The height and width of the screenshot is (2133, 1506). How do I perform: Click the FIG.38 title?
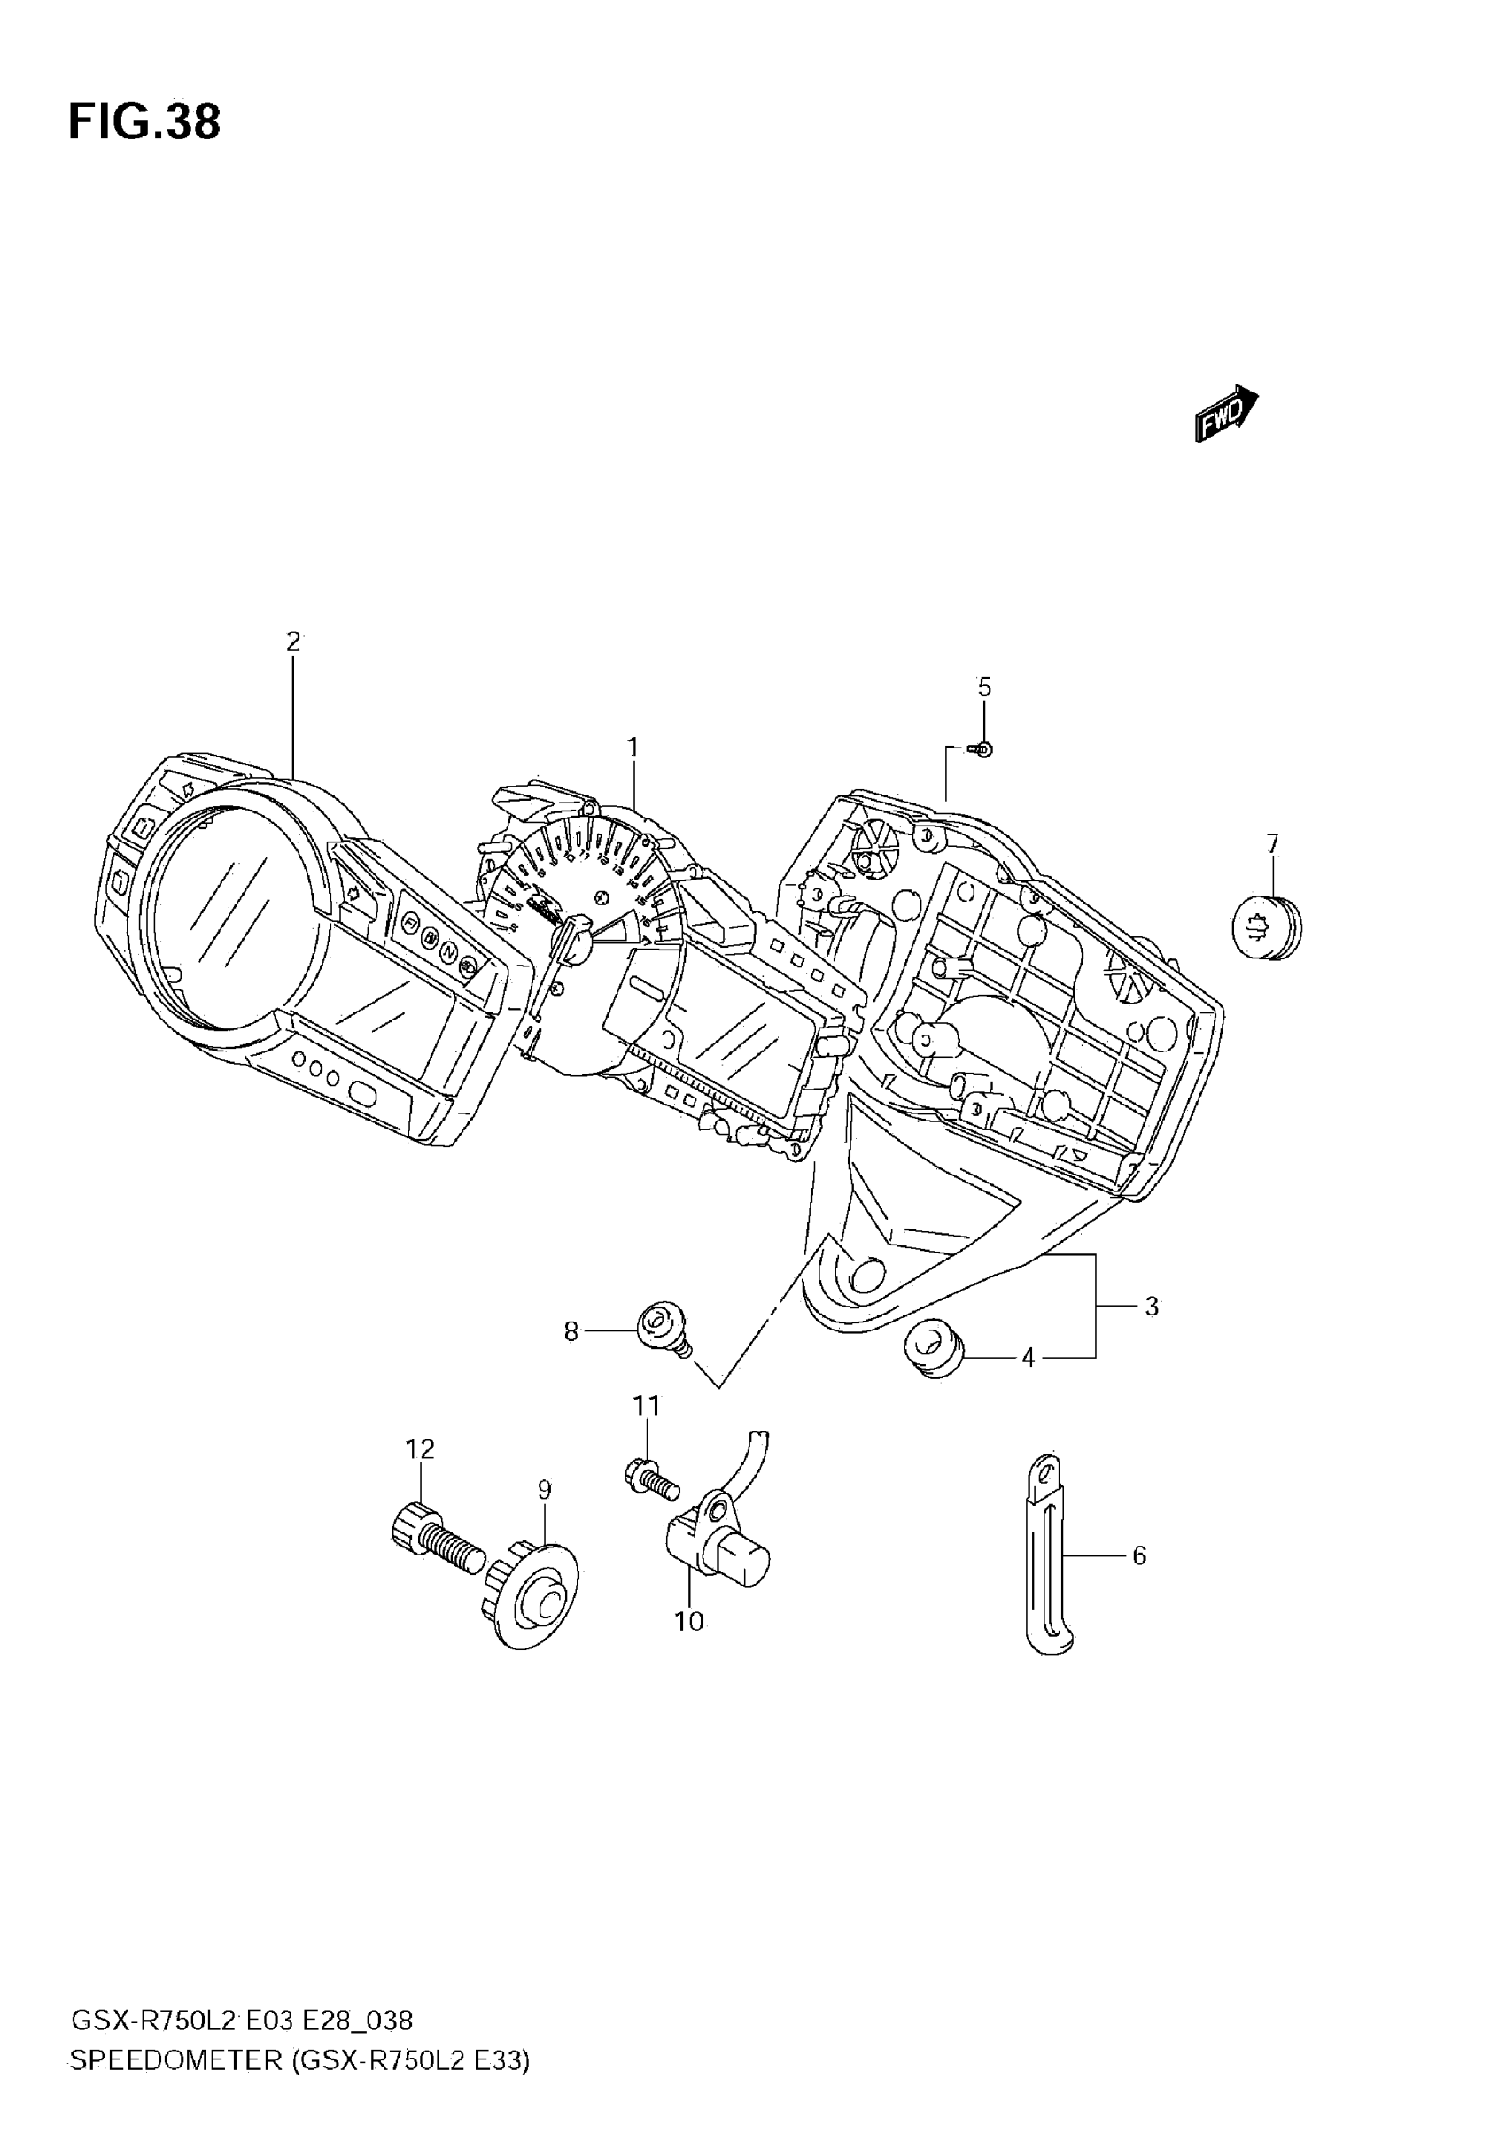tap(144, 121)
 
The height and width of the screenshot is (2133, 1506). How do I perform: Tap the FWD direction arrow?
tap(1225, 414)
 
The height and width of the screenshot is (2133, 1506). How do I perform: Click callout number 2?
tap(292, 642)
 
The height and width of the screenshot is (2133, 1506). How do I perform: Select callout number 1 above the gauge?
tap(633, 747)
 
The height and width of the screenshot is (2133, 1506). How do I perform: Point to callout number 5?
tap(984, 687)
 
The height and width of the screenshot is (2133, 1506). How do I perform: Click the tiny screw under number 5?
tap(981, 748)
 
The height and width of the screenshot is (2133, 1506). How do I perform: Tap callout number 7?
tap(1272, 843)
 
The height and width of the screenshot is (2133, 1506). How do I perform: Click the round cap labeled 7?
tap(1266, 927)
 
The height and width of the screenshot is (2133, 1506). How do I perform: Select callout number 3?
tap(1151, 1307)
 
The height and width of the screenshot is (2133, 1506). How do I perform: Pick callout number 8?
tap(571, 1332)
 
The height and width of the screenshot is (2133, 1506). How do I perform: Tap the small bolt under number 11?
tap(651, 1478)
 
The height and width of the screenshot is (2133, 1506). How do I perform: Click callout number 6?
tap(1139, 1555)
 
